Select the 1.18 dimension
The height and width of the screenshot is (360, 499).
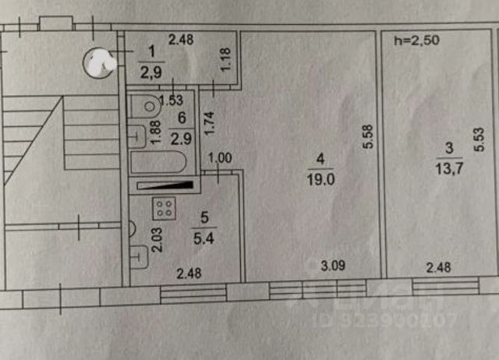[225, 62]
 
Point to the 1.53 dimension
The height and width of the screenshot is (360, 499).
[171, 100]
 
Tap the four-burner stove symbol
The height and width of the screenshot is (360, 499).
[164, 208]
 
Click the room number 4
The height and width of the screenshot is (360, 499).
[320, 161]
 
